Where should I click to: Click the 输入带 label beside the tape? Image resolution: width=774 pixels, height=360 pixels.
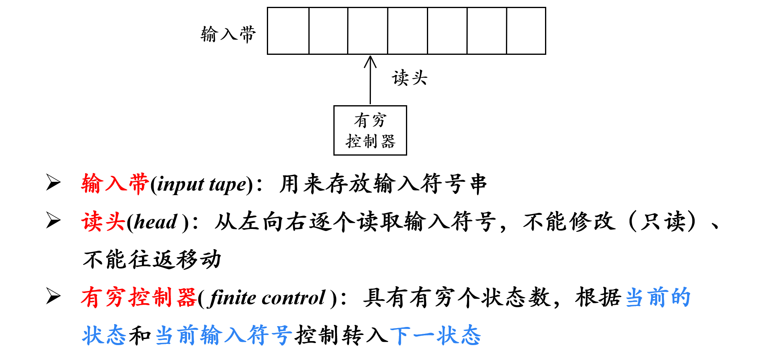228,34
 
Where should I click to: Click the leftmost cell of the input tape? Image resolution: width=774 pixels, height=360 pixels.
288,31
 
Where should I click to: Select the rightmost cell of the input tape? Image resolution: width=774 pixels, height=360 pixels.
526,31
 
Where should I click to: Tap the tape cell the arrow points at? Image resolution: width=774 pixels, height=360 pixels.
368,31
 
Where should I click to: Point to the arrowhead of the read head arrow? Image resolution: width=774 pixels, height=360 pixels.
370,60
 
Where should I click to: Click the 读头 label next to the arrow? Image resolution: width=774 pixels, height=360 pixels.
409,77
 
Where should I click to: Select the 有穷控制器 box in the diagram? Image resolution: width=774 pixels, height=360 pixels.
370,130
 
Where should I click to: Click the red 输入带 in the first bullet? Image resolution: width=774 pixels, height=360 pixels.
115,184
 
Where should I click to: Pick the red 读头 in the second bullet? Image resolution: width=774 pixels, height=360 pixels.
103,222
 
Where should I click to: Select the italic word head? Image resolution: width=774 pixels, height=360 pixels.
155,222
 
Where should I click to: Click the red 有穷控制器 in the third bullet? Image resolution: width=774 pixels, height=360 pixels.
139,298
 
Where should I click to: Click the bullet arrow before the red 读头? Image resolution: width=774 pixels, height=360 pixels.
53,221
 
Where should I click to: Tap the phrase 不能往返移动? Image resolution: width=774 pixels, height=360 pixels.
152,260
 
